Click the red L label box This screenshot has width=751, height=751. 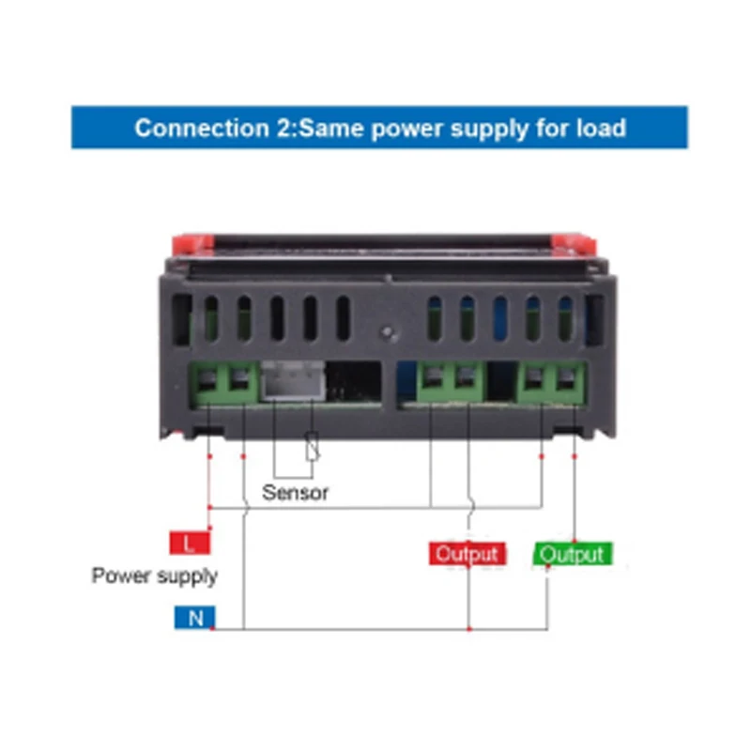(x=190, y=544)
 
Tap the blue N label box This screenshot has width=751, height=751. (x=194, y=618)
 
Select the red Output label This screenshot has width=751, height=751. (x=467, y=554)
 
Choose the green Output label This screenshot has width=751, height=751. (x=573, y=554)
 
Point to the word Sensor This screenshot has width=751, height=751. (x=296, y=492)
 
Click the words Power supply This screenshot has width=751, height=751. (x=154, y=575)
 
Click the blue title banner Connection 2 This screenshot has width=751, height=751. (x=379, y=128)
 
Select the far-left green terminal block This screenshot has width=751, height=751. (x=225, y=382)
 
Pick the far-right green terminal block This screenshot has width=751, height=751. (x=554, y=382)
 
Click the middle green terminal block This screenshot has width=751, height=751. (x=450, y=382)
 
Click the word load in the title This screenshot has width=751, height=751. (x=599, y=128)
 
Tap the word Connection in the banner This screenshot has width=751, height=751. (x=195, y=128)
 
